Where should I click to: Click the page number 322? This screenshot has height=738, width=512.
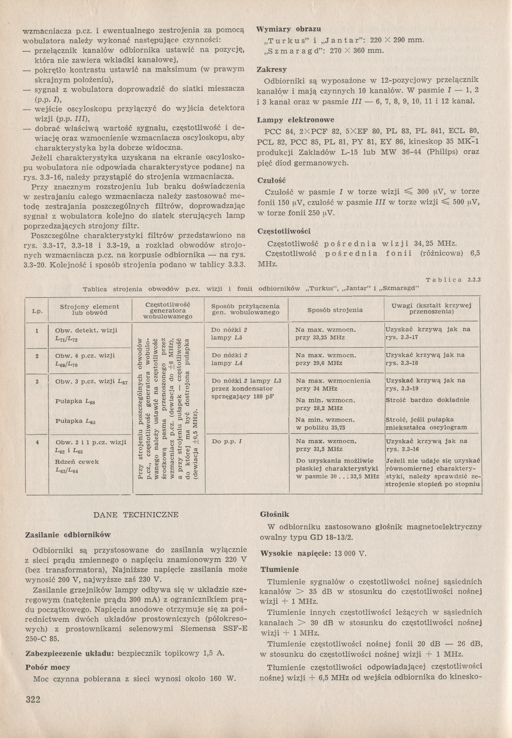33,699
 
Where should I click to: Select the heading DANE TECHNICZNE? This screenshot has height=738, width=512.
136,515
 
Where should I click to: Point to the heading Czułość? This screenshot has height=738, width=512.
271,180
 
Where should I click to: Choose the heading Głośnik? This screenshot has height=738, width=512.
275,515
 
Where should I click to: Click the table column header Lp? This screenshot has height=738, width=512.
37,311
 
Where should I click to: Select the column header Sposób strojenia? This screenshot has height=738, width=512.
335,310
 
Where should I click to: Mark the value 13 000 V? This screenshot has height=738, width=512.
349,553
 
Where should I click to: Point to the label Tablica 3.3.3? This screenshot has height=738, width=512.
453,279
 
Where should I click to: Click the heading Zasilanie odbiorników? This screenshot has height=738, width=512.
68,534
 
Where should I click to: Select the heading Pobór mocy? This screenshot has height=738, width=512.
48,667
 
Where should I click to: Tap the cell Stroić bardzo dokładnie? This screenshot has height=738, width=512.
427,400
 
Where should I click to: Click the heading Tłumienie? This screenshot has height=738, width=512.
280,569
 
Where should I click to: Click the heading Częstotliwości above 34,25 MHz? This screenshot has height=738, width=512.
284,231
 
